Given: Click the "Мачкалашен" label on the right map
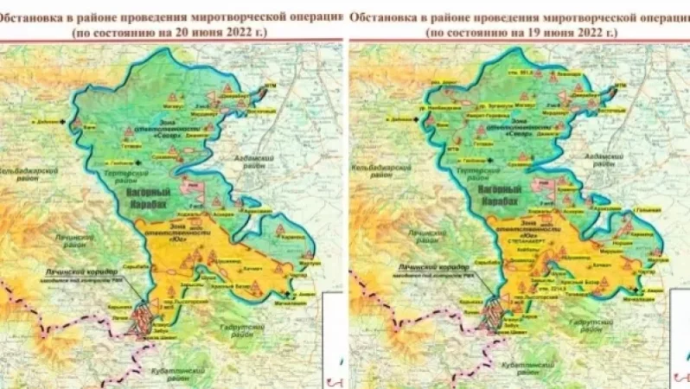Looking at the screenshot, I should pos(638,300).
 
